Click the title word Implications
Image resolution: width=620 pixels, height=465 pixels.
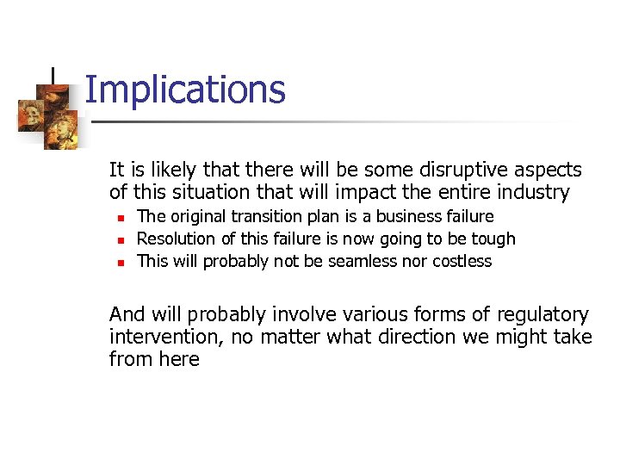[185, 90]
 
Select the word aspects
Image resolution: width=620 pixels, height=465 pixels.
[549, 170]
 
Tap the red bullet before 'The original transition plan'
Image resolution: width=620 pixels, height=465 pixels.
[121, 217]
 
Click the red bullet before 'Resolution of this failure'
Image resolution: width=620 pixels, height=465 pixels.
[121, 239]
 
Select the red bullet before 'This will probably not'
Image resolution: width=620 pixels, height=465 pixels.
[121, 262]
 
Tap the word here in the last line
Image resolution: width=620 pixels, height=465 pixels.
[179, 360]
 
